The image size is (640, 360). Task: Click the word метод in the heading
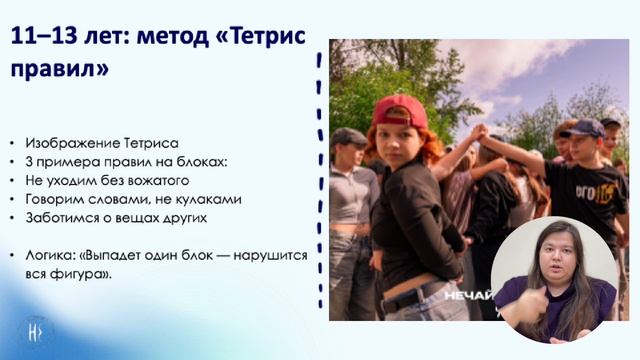click(x=162, y=36)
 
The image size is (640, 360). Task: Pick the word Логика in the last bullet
click(x=51, y=256)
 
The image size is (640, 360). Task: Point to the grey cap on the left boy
click(x=349, y=135)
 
